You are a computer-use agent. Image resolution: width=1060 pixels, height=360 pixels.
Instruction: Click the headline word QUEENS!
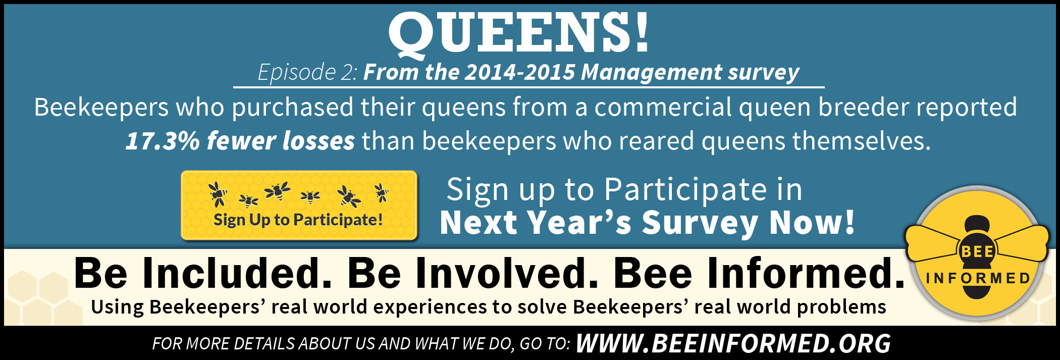pos(518,33)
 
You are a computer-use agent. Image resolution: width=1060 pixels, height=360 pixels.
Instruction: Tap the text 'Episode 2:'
pos(308,72)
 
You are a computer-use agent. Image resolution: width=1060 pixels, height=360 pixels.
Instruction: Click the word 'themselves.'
pos(861,140)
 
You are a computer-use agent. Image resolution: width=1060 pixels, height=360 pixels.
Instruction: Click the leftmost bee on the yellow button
pos(218,194)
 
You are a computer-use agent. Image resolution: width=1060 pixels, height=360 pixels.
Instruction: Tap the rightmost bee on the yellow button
pos(382,192)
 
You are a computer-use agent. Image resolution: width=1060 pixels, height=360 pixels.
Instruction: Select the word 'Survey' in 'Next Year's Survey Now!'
pos(700,223)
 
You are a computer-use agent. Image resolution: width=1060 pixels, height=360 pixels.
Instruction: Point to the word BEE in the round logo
pos(977,251)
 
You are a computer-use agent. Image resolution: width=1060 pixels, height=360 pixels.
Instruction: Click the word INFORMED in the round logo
pos(978,278)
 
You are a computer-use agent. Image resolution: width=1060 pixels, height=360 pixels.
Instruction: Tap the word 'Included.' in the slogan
pos(237,273)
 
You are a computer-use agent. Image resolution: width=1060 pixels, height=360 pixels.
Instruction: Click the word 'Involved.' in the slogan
pos(473,273)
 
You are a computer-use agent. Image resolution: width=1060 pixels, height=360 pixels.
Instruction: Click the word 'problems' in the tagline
pos(841,306)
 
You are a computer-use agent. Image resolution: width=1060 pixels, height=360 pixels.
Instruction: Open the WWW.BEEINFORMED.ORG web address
pos(733,343)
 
